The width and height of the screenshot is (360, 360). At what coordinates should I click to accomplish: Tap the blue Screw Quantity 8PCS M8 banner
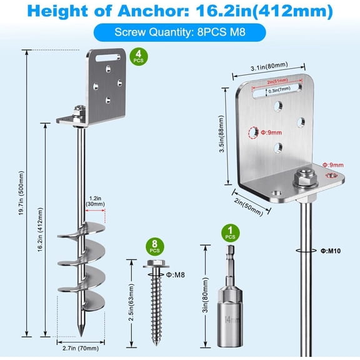point(179,32)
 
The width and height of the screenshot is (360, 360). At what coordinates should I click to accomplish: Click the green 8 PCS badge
point(154,246)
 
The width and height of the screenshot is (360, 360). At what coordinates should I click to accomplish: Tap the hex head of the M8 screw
point(154,264)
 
